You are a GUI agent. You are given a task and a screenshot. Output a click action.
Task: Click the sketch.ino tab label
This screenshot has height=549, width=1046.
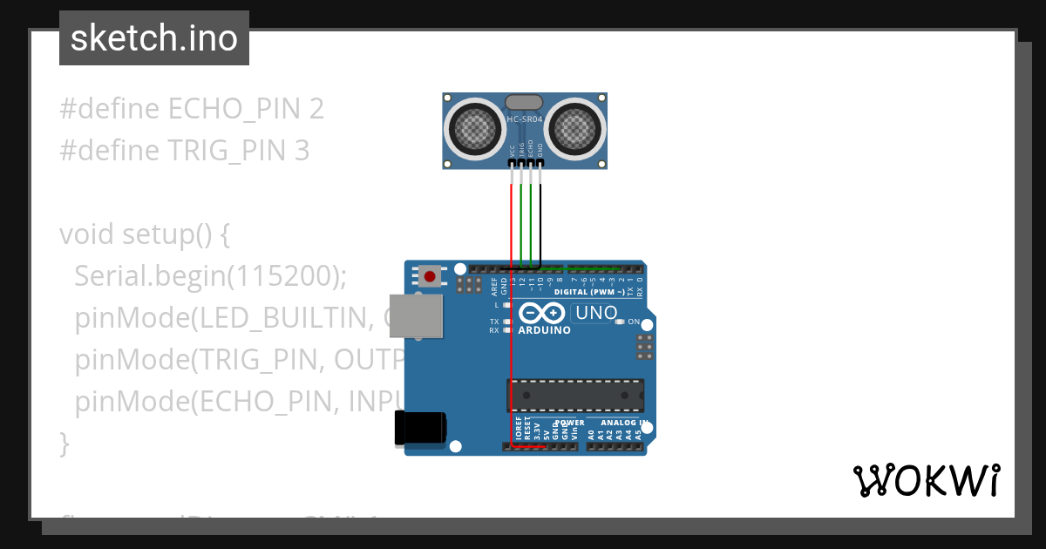pyautogui.click(x=153, y=38)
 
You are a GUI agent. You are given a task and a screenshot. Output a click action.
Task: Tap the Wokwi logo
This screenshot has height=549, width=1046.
pyautogui.click(x=926, y=480)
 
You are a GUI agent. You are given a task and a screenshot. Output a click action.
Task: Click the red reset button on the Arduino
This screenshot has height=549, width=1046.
pyautogui.click(x=429, y=277)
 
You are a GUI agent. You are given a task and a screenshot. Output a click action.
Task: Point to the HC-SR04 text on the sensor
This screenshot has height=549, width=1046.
pyautogui.click(x=525, y=119)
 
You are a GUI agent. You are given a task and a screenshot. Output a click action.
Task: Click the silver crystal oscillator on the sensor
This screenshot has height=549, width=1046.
pyautogui.click(x=524, y=103)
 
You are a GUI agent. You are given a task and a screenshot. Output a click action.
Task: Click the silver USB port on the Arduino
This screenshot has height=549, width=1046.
pyautogui.click(x=415, y=315)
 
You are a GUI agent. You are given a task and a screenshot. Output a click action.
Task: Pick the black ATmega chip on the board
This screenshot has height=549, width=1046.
pyautogui.click(x=575, y=395)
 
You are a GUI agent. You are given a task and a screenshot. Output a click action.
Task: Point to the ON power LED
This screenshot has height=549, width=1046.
pyautogui.click(x=620, y=322)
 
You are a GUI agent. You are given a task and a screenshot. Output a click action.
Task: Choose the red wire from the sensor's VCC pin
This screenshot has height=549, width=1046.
pyautogui.click(x=512, y=227)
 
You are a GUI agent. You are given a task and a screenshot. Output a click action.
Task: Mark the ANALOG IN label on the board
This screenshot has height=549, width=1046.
pyautogui.click(x=623, y=423)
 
